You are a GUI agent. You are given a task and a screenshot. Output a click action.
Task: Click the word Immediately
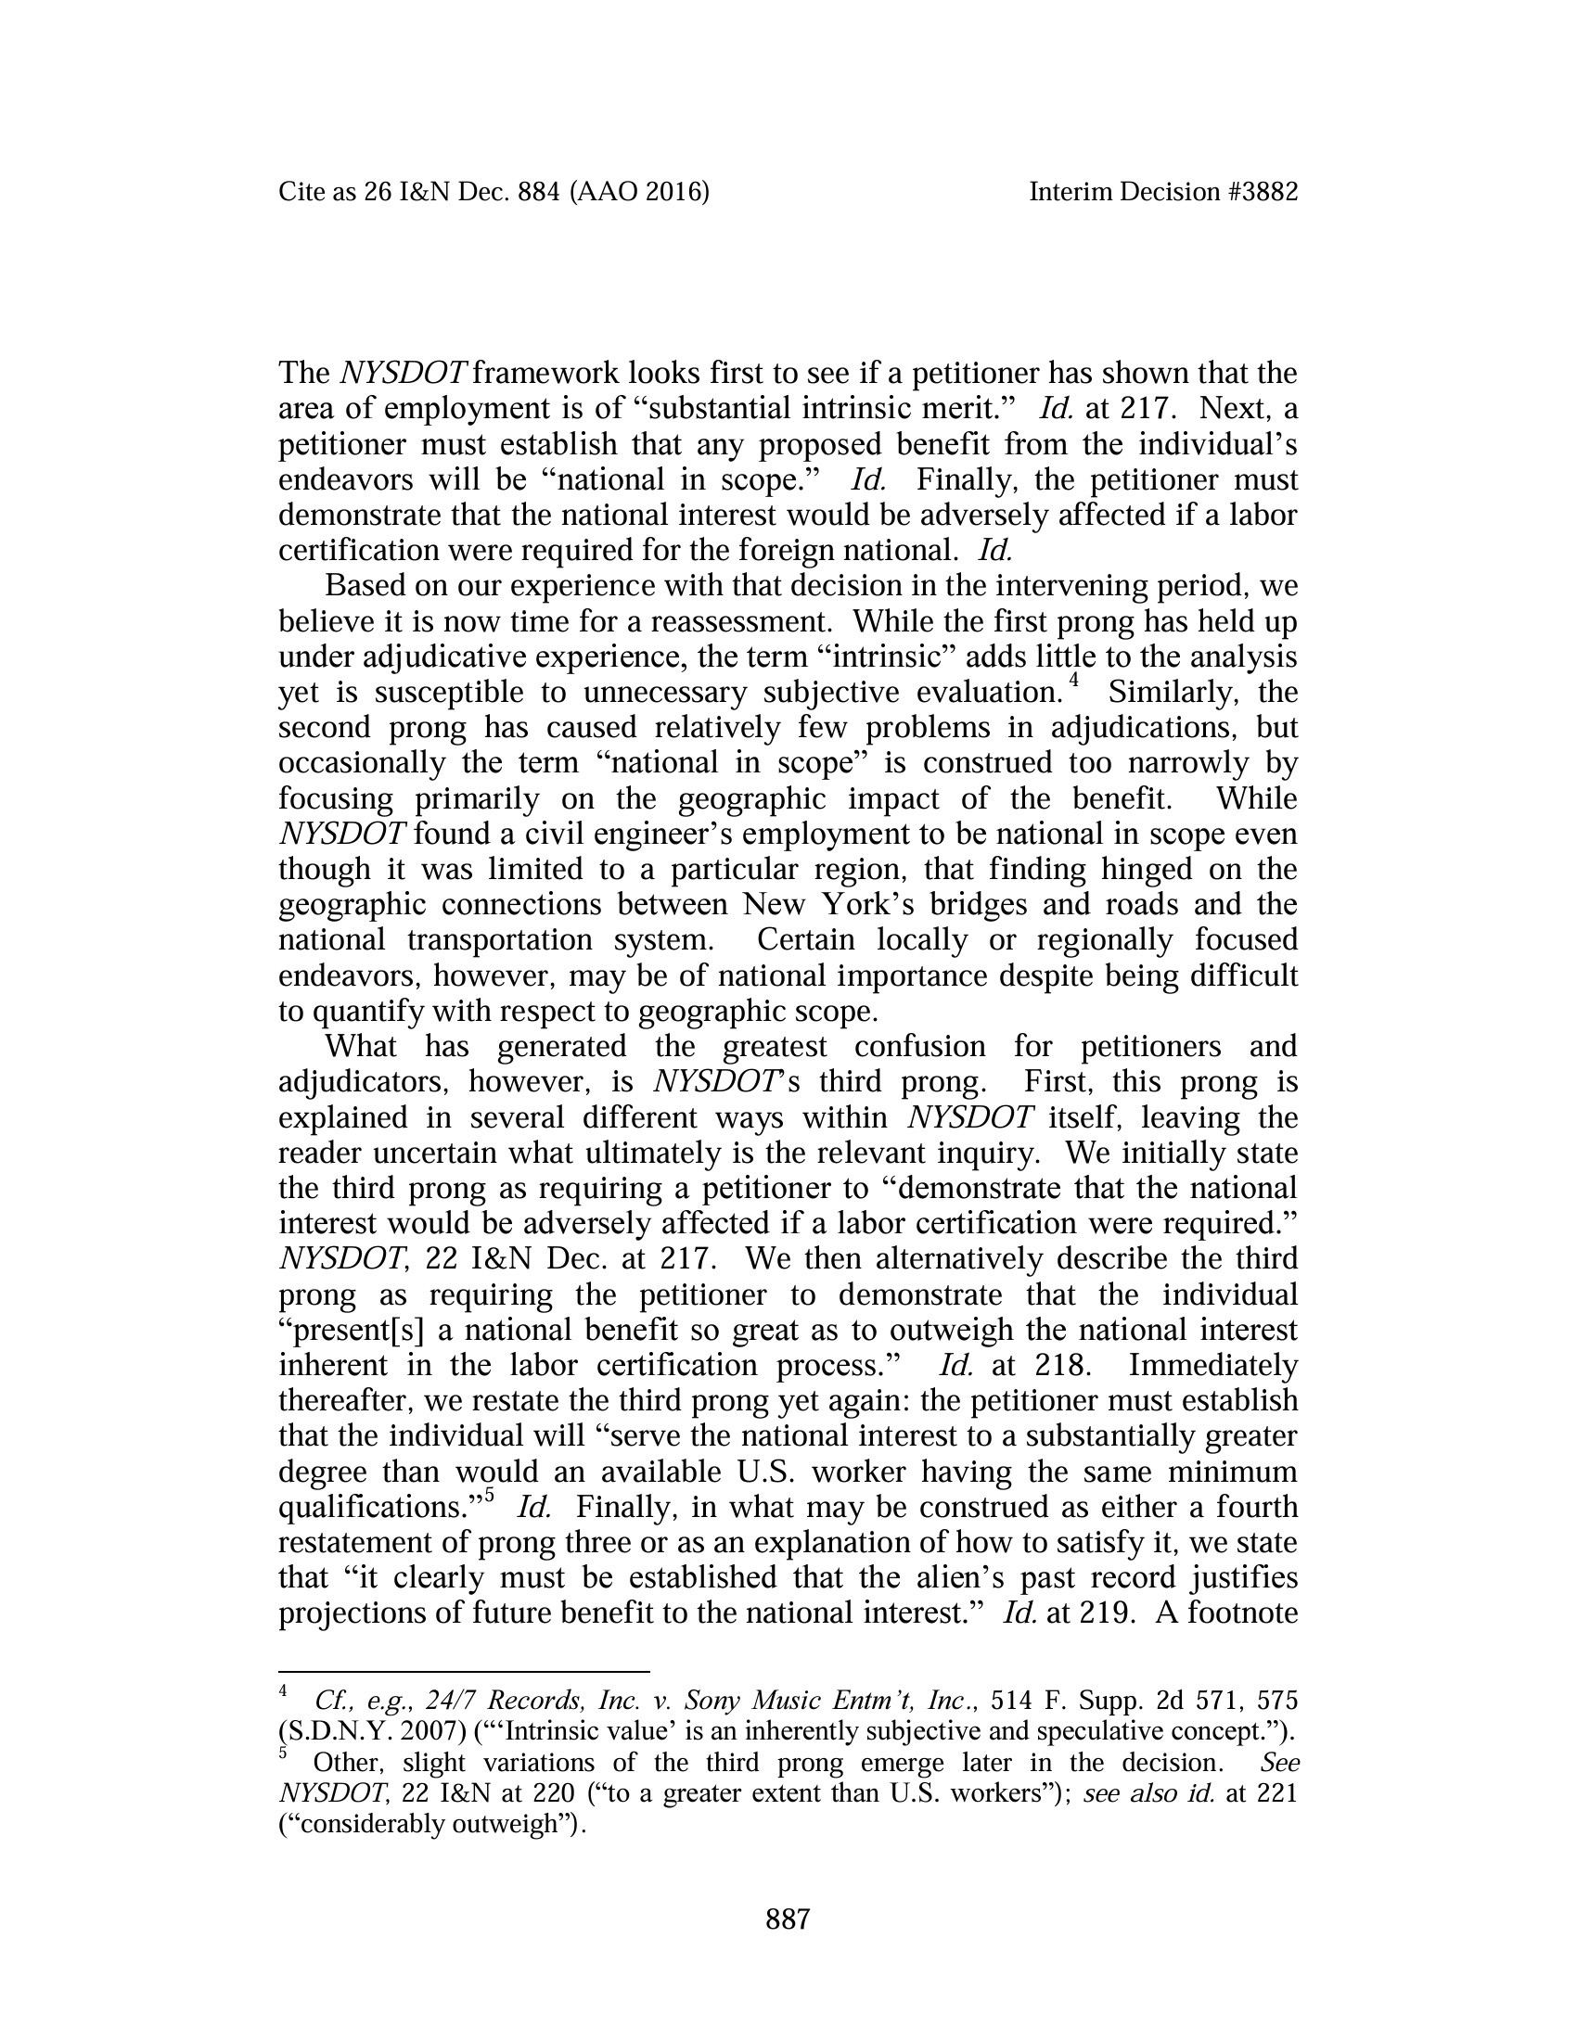point(1212,1366)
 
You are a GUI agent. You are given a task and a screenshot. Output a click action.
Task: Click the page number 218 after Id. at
point(1062,1366)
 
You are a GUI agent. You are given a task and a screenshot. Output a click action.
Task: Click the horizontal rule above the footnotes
point(464,1672)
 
